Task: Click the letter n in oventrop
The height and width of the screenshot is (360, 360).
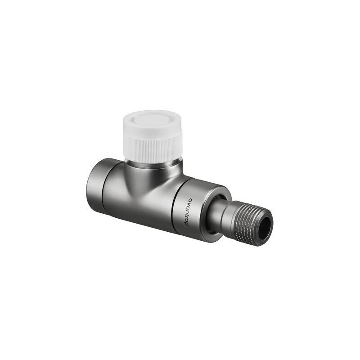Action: click(191, 211)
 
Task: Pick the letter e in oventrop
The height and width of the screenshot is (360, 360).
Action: click(191, 207)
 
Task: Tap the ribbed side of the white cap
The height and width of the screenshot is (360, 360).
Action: click(153, 149)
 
